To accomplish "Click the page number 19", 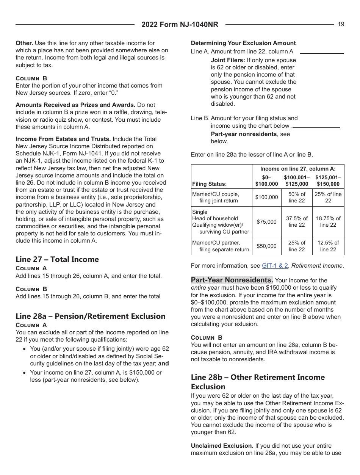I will (341, 24).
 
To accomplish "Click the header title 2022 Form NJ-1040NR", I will (180, 25).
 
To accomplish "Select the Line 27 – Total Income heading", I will (57, 259).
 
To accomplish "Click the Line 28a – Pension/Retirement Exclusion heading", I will (91, 316).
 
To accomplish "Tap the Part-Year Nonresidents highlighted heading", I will (232, 280).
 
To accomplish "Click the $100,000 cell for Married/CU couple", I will (266, 197).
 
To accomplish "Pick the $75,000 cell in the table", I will (266, 222).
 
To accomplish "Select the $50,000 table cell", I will (266, 246).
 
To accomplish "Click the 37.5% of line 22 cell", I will (297, 222).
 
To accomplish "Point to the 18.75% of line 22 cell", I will (328, 222).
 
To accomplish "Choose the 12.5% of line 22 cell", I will (328, 246).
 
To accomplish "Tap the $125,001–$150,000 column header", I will (328, 180).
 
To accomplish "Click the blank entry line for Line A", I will (321, 53).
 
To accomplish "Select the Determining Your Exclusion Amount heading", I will (243, 43).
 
